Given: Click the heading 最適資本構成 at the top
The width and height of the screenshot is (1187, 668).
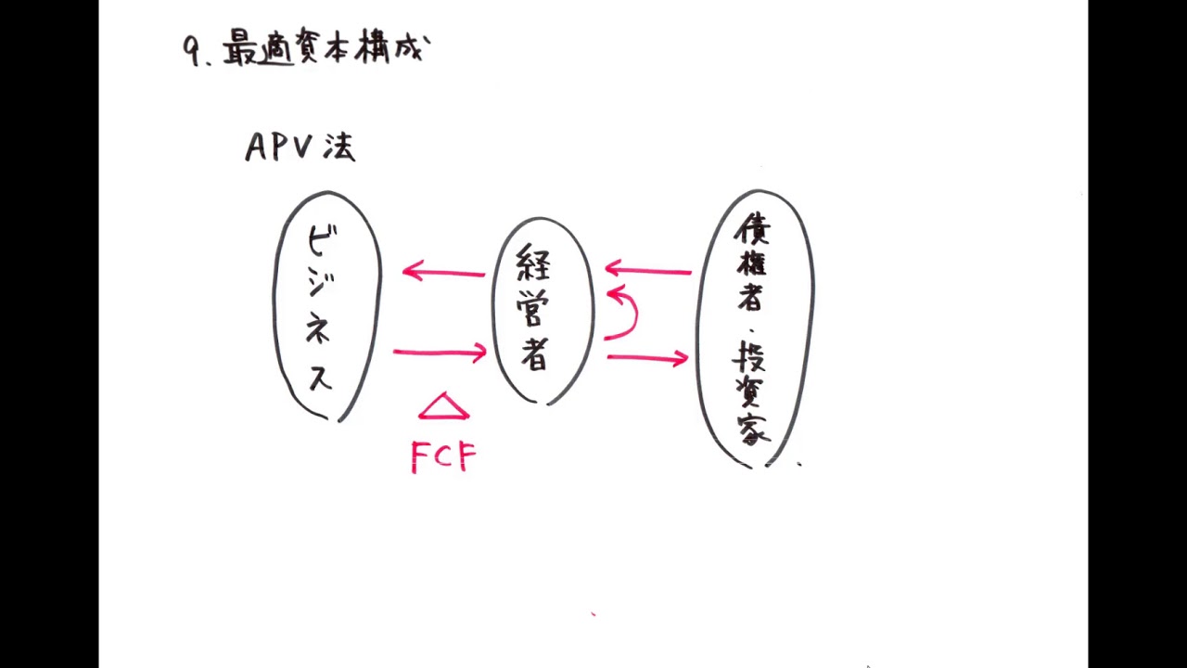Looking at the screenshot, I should [325, 49].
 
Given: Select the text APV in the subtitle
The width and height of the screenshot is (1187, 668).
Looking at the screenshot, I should [281, 148].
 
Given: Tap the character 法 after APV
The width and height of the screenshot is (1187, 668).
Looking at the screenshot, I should [338, 148].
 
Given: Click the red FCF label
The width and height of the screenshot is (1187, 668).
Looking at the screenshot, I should [443, 456].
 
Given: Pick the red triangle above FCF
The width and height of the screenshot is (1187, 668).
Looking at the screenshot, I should [443, 407].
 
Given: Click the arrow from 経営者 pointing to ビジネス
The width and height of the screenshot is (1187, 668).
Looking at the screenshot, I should [443, 272].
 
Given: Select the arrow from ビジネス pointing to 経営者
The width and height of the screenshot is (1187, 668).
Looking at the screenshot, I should [440, 352].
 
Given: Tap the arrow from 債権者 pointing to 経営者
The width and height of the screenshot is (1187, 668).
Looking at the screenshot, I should [648, 271].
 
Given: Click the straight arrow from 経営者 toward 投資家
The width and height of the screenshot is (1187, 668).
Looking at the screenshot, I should [647, 357].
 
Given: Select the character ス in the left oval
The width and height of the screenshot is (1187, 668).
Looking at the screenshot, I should [320, 377].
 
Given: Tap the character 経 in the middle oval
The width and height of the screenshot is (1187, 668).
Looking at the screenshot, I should [534, 264].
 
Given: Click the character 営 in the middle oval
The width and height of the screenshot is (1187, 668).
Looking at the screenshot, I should [534, 311].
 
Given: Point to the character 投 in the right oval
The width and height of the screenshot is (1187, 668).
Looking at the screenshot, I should [752, 356].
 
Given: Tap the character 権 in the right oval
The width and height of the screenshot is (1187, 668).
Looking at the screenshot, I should [752, 263].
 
